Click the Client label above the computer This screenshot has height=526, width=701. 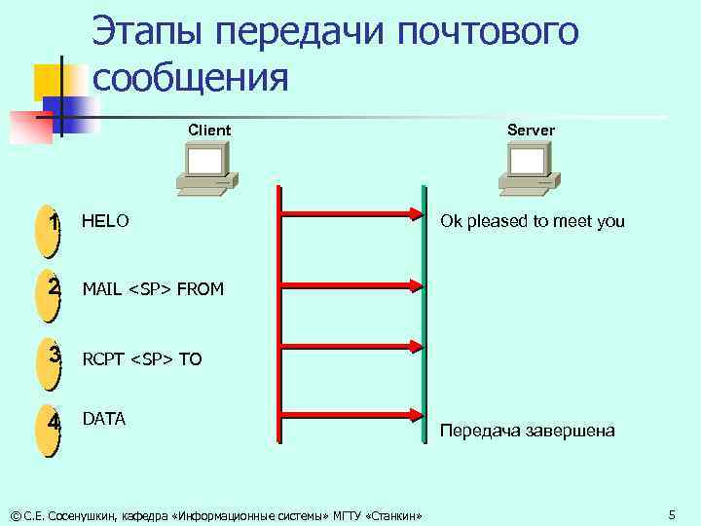coord(209,130)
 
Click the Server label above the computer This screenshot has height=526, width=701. coord(531,130)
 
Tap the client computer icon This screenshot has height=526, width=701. coord(208,168)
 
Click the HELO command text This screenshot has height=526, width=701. coord(105,221)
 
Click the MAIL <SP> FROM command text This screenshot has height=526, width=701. coord(153,289)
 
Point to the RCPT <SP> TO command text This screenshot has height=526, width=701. coord(142,359)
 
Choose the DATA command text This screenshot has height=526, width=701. coord(104,419)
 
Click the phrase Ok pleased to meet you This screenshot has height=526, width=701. coord(533,221)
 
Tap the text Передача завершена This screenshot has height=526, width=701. coord(528,430)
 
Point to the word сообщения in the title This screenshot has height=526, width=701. coord(191,76)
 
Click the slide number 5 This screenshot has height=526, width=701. coord(672,513)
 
